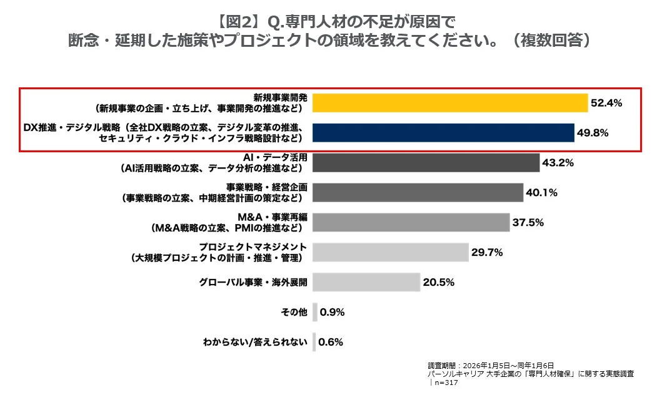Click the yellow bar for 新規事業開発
(450, 102)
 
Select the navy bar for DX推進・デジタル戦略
(443, 132)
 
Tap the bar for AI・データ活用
(426, 162)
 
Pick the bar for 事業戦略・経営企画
(418, 192)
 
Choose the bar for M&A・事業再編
(411, 222)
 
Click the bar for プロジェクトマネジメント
(390, 252)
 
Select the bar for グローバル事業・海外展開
(366, 282)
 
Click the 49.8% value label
(593, 133)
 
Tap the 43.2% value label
(558, 163)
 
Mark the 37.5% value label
(528, 223)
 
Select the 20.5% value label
(438, 283)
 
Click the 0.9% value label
(332, 312)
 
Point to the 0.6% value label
(331, 342)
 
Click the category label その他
(294, 312)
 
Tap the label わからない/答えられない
(256, 342)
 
